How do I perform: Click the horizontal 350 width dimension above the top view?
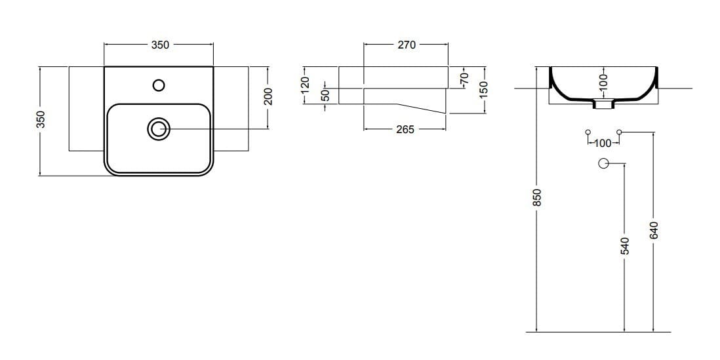point(160,45)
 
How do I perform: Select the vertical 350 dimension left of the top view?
point(40,119)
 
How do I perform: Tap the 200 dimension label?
point(268,97)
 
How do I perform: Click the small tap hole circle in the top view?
point(158,85)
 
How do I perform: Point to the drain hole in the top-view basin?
point(158,129)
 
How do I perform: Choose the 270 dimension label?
point(406,45)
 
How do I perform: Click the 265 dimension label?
point(405,129)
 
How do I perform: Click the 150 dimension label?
point(484,88)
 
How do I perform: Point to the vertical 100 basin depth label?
point(603,82)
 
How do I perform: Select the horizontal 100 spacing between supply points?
point(602,142)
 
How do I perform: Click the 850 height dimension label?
point(537,197)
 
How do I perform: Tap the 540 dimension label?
point(624,246)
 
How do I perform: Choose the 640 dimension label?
point(653,230)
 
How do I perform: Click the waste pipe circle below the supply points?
point(603,163)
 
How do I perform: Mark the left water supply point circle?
point(588,132)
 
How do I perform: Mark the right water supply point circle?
point(618,132)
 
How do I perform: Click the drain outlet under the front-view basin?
point(603,104)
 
